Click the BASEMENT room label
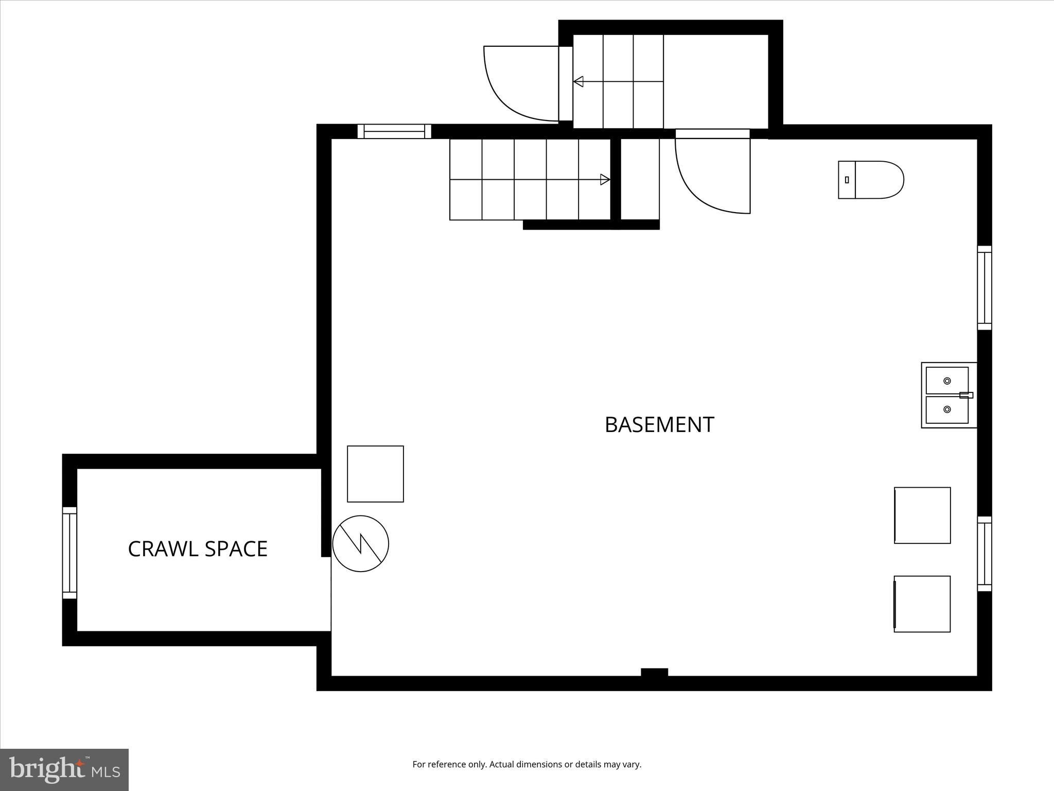[x=659, y=425]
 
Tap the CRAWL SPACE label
[x=198, y=549]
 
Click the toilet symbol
[x=871, y=180]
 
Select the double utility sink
[x=948, y=395]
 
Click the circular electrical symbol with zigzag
[x=360, y=543]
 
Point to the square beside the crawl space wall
[x=375, y=474]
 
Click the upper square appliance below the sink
[x=922, y=515]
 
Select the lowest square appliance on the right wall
[x=922, y=604]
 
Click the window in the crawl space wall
[x=69, y=553]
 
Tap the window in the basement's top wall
[x=394, y=131]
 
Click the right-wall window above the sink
[x=984, y=287]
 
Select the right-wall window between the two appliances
[x=984, y=554]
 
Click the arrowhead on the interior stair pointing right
[x=605, y=180]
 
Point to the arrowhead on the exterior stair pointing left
[x=578, y=81]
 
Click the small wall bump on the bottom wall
[x=654, y=672]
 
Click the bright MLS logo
[x=64, y=769]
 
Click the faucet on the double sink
[x=966, y=395]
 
